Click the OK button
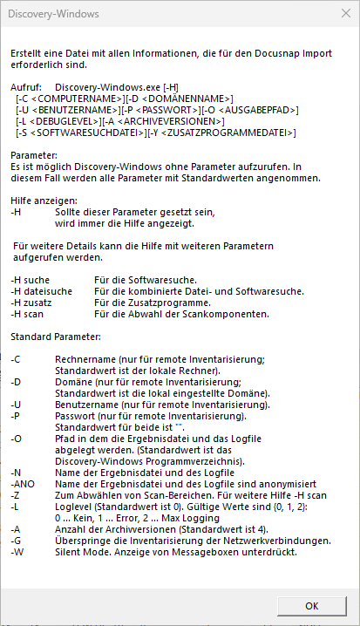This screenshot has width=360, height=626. (311, 605)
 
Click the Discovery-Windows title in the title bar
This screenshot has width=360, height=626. (55, 15)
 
